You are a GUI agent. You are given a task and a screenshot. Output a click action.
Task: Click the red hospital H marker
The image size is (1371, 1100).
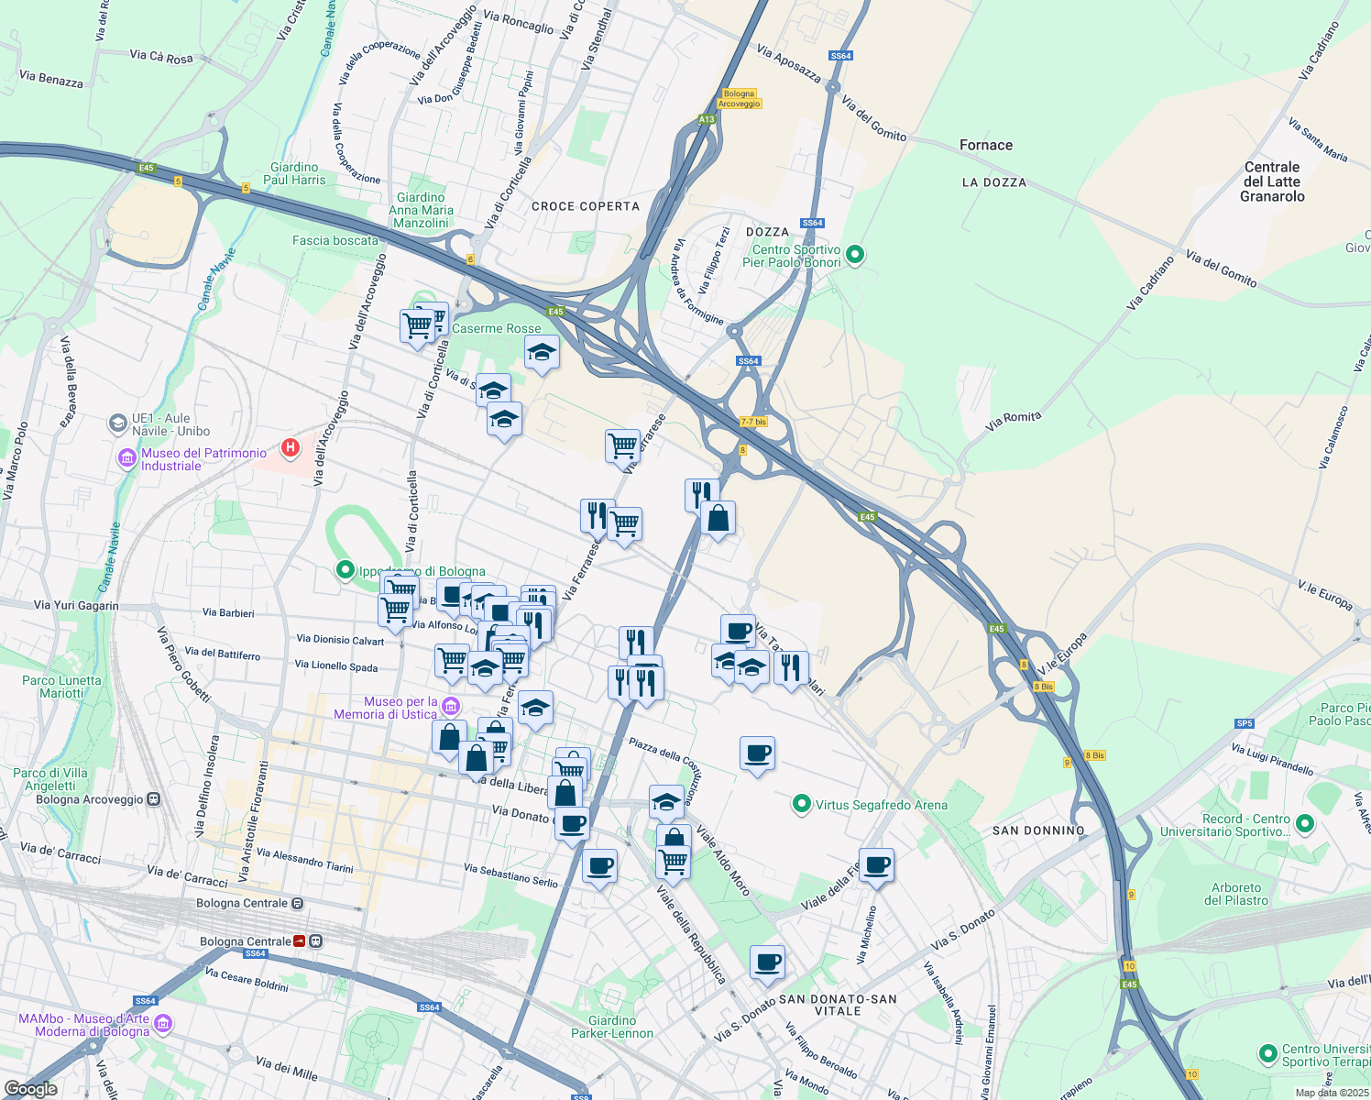[291, 448]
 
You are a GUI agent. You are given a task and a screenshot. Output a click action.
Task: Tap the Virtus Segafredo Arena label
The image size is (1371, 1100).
[881, 805]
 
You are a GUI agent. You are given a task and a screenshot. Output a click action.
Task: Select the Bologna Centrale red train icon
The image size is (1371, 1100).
[300, 941]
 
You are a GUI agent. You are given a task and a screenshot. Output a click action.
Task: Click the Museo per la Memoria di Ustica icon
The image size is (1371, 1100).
[450, 706]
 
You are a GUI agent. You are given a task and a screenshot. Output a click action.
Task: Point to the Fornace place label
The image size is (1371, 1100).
[986, 145]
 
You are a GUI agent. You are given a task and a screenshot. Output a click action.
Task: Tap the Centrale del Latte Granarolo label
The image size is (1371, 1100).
[1272, 181]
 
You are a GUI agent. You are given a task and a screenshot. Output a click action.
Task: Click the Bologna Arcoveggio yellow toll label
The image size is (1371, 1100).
[739, 99]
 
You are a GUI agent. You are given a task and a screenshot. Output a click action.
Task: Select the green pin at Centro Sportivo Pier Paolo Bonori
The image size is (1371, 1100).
[855, 255]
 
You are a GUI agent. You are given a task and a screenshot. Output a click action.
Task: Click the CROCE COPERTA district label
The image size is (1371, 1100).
[586, 206]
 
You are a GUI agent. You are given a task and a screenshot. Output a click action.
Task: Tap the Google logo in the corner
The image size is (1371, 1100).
[30, 1088]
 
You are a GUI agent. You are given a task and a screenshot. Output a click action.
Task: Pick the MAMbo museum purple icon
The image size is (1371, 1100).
[163, 1023]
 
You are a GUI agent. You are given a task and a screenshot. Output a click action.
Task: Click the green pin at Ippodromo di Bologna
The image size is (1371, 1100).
[345, 570]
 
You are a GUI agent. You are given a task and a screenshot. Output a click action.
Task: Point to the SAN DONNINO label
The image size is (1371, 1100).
[1038, 830]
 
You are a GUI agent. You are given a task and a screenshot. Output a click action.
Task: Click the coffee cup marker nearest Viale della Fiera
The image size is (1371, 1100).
[876, 864]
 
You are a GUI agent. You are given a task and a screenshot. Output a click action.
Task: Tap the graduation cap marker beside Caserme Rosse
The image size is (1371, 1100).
[542, 352]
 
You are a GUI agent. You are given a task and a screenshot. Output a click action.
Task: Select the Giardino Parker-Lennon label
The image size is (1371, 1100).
[612, 1027]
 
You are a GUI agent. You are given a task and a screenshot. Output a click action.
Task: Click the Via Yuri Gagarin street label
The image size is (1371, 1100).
[76, 605]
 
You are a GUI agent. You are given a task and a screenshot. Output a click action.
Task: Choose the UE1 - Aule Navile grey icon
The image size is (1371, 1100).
[117, 423]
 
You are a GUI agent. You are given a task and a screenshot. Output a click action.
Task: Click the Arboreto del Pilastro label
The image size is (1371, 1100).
[1236, 894]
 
